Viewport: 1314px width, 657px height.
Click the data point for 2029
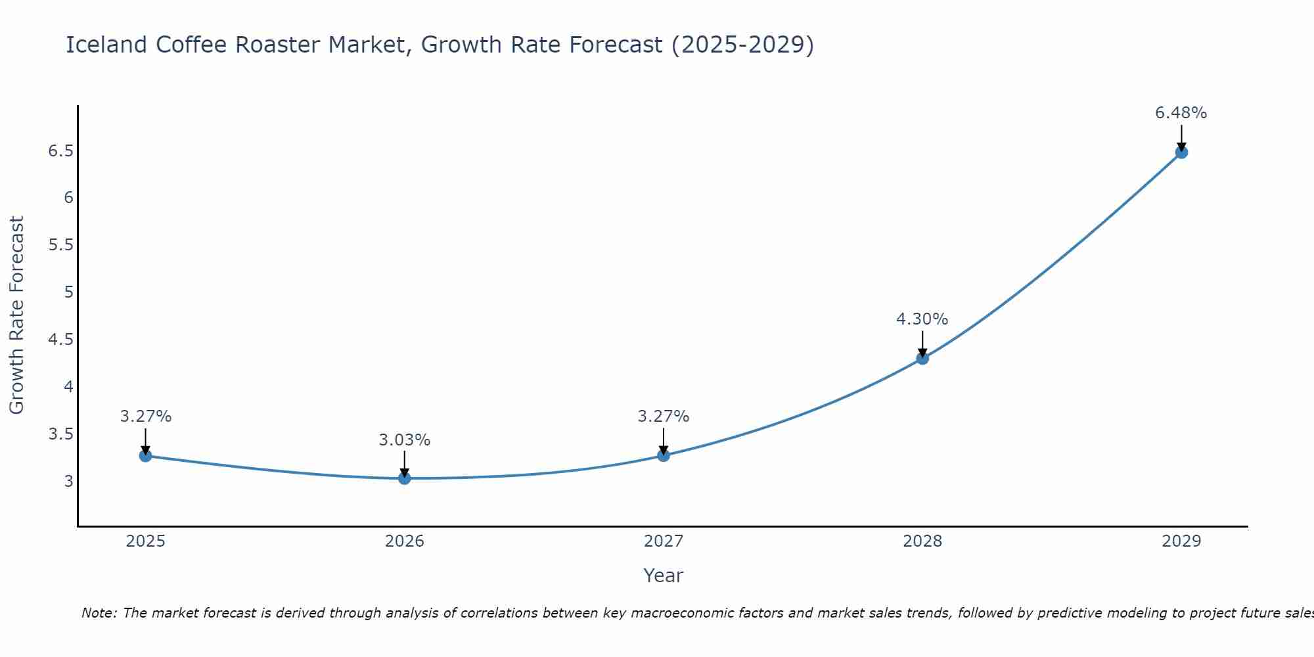1181,152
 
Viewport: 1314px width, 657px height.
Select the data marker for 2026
404,478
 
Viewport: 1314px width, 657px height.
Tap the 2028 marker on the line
922,358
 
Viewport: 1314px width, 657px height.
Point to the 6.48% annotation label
1181,113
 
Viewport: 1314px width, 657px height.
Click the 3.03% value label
404,440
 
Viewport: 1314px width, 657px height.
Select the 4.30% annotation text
922,319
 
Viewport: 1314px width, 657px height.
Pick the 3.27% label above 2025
145,417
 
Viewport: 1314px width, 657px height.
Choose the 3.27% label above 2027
663,417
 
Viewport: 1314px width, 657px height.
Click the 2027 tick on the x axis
663,541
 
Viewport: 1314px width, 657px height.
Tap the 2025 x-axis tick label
145,541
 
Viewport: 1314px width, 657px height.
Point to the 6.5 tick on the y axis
60,151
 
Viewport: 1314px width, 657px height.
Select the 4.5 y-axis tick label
60,340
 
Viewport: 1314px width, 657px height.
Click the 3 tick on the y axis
68,481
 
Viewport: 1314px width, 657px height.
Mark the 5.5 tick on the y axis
60,245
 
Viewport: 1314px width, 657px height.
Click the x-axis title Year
663,576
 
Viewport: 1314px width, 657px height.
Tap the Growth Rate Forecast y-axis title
16,315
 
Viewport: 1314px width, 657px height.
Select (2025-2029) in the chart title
742,45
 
